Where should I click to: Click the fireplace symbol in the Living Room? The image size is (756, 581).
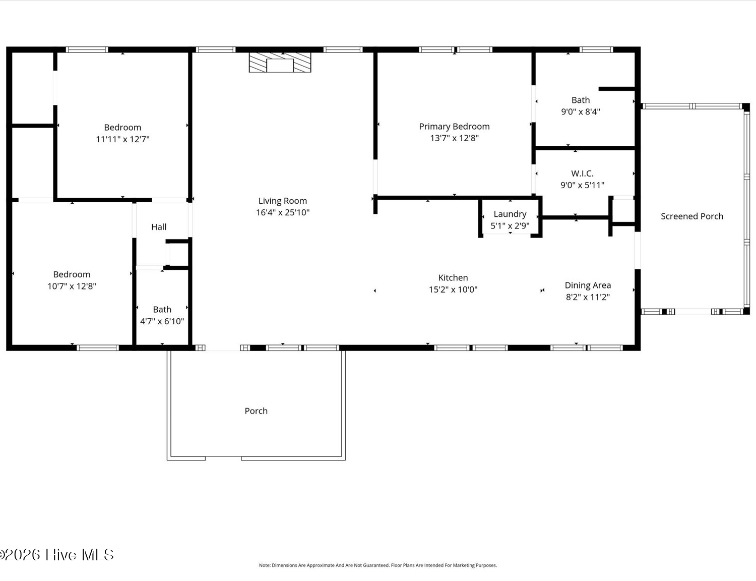[280, 63]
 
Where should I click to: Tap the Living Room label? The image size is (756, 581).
[283, 201]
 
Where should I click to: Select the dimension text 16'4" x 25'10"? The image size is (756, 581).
[283, 212]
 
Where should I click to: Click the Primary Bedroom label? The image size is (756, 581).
[454, 127]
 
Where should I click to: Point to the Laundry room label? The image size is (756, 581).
[510, 214]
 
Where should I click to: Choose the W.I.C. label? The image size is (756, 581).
[582, 173]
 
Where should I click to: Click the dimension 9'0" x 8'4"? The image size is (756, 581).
[580, 112]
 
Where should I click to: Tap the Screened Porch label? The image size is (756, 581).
[691, 216]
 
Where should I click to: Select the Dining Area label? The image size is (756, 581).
[588, 285]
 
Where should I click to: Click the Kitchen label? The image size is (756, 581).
[453, 278]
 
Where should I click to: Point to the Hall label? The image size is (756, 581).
[159, 227]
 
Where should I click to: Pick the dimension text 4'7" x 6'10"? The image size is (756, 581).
[162, 321]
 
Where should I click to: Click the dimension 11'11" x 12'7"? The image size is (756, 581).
[122, 139]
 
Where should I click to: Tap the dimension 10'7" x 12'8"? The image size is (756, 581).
[72, 286]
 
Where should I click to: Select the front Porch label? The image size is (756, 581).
[256, 411]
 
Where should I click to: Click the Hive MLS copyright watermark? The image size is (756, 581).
[56, 555]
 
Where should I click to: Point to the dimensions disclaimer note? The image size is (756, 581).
[378, 565]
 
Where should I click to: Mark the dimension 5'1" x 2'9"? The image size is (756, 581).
[510, 226]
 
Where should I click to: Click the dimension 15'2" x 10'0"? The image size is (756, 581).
[453, 289]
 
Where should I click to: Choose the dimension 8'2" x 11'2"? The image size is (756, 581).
[588, 297]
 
